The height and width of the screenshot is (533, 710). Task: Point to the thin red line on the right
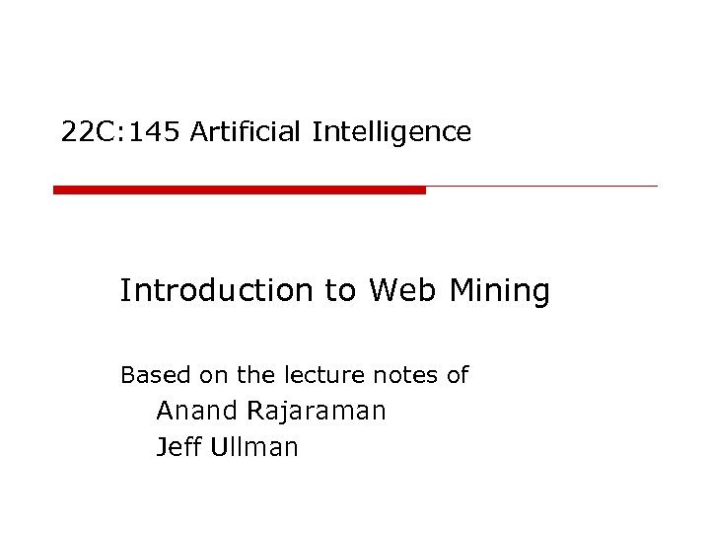541,186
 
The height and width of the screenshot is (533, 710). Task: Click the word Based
145,375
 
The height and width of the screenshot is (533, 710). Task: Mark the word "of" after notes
458,375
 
